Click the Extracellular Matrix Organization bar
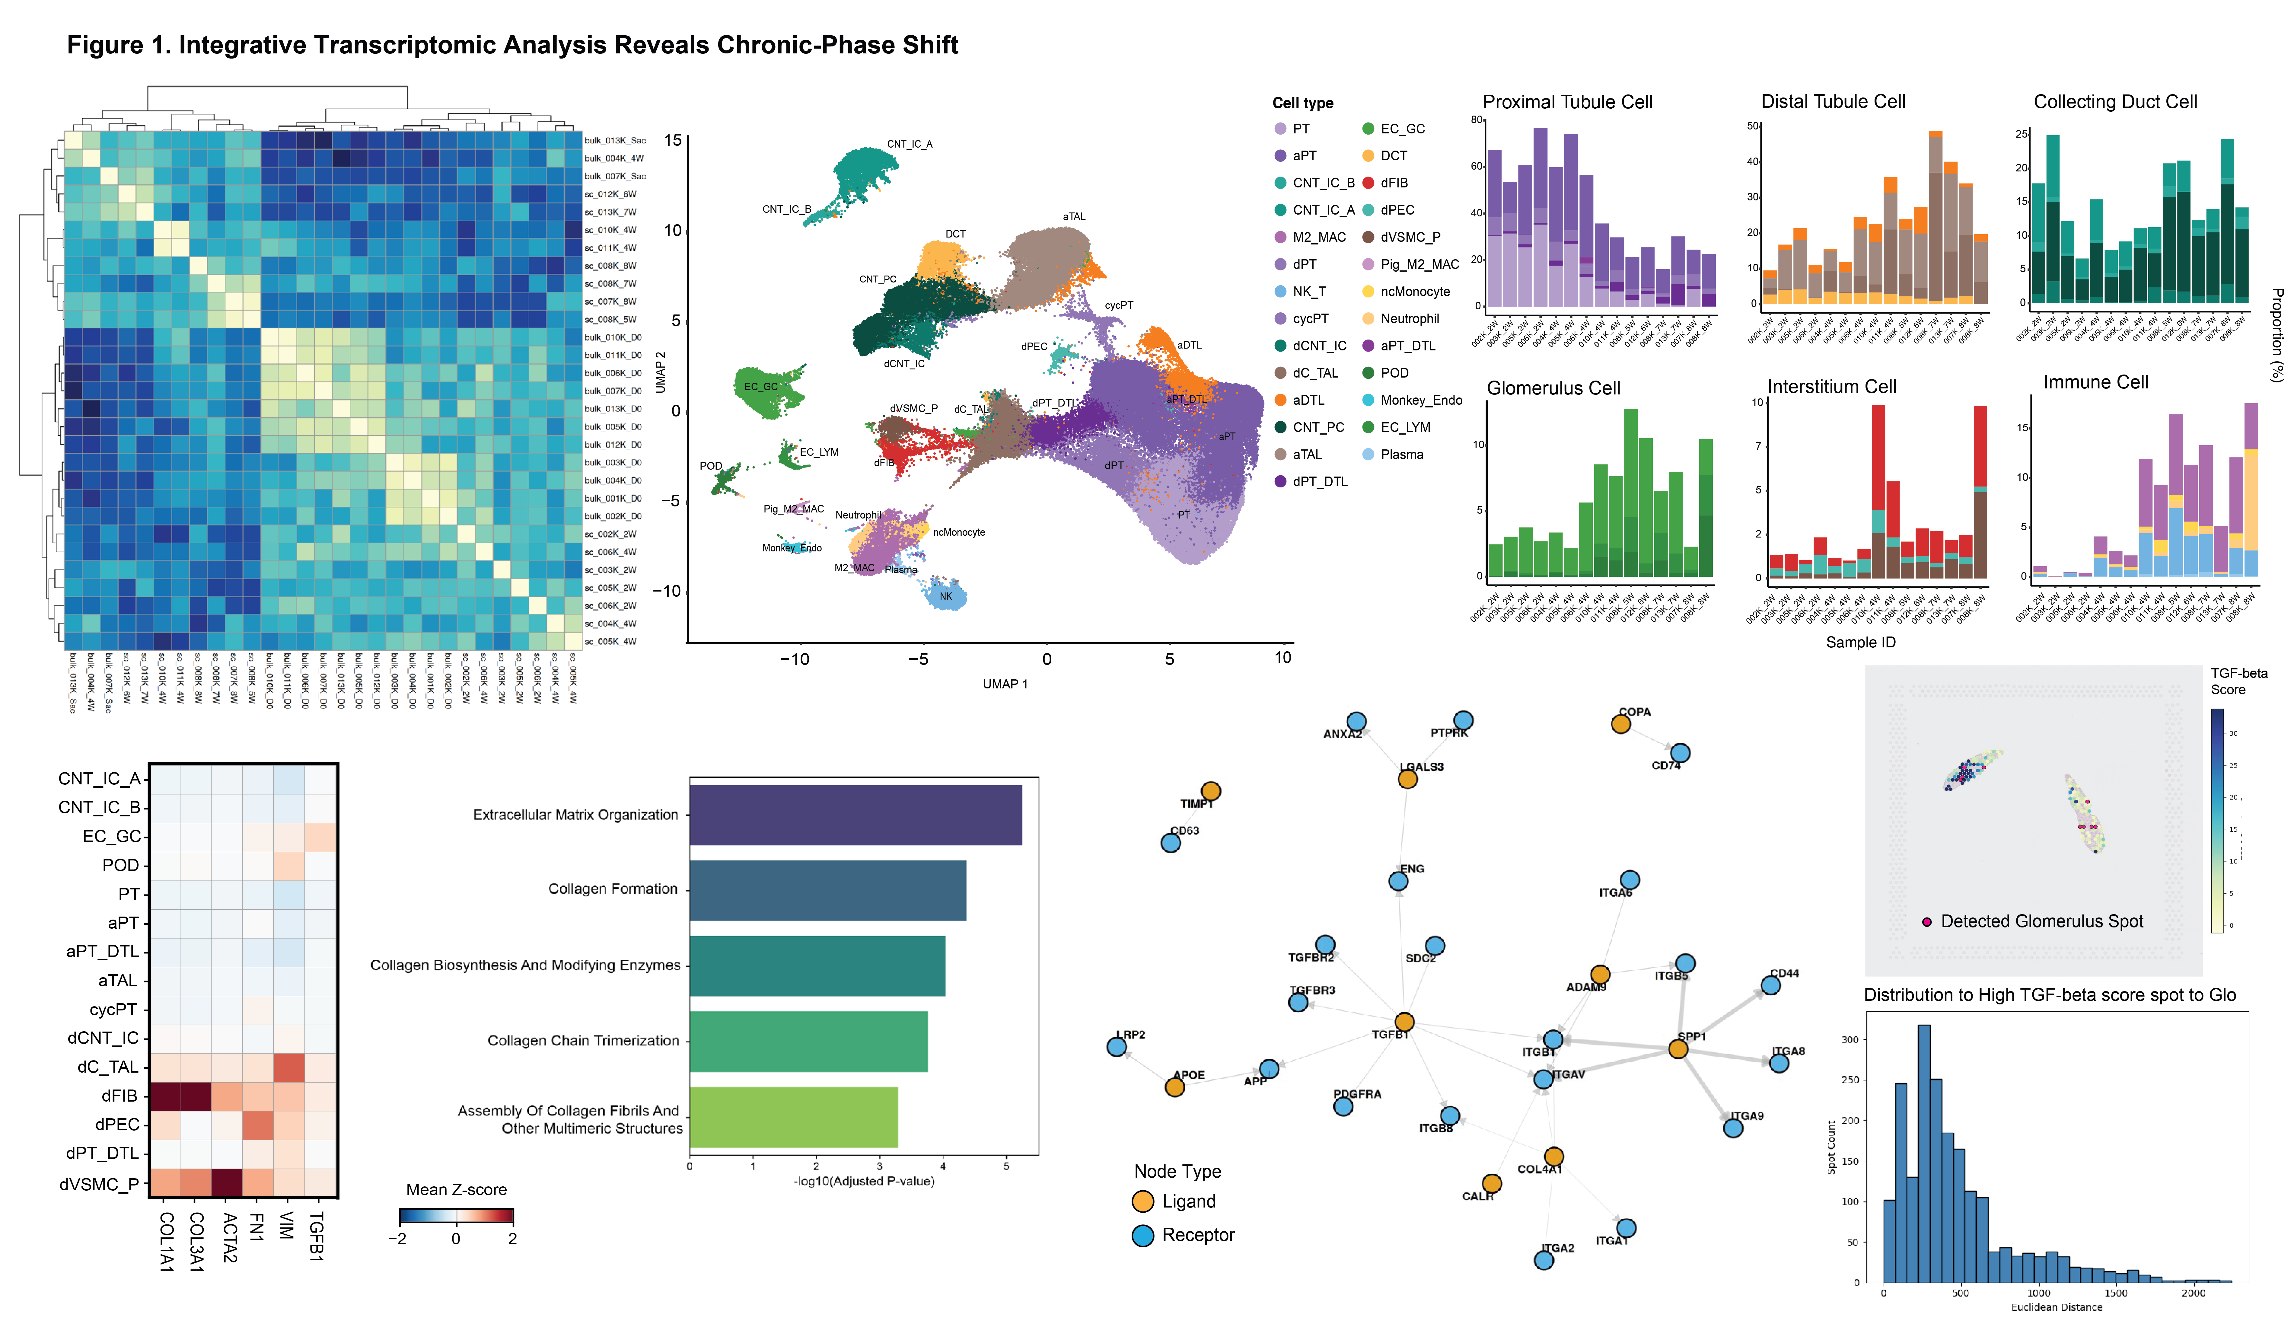855,815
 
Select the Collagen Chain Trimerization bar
808,1041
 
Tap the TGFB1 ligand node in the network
1404,1023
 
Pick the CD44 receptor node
1770,985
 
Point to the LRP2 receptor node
1117,1047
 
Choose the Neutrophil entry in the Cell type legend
1409,318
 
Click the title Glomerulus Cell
1553,388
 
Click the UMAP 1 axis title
1005,684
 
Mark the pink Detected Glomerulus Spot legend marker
1927,922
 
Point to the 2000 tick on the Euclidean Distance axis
2193,1293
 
